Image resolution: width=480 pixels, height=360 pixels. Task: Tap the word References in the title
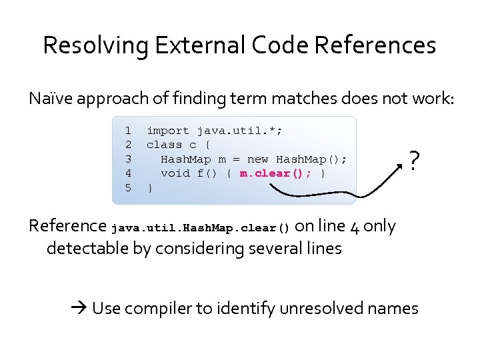tap(375, 45)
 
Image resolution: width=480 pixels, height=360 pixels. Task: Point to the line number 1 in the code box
tap(128, 131)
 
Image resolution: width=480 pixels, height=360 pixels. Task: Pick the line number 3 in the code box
tap(128, 159)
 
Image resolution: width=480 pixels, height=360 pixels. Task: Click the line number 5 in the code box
tap(128, 188)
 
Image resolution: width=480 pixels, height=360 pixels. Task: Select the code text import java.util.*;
tap(215, 131)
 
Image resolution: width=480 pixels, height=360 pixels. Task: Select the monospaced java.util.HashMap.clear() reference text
tap(201, 228)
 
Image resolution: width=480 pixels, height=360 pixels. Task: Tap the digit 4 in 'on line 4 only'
tap(355, 227)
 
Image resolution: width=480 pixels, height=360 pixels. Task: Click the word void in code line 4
tap(175, 173)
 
